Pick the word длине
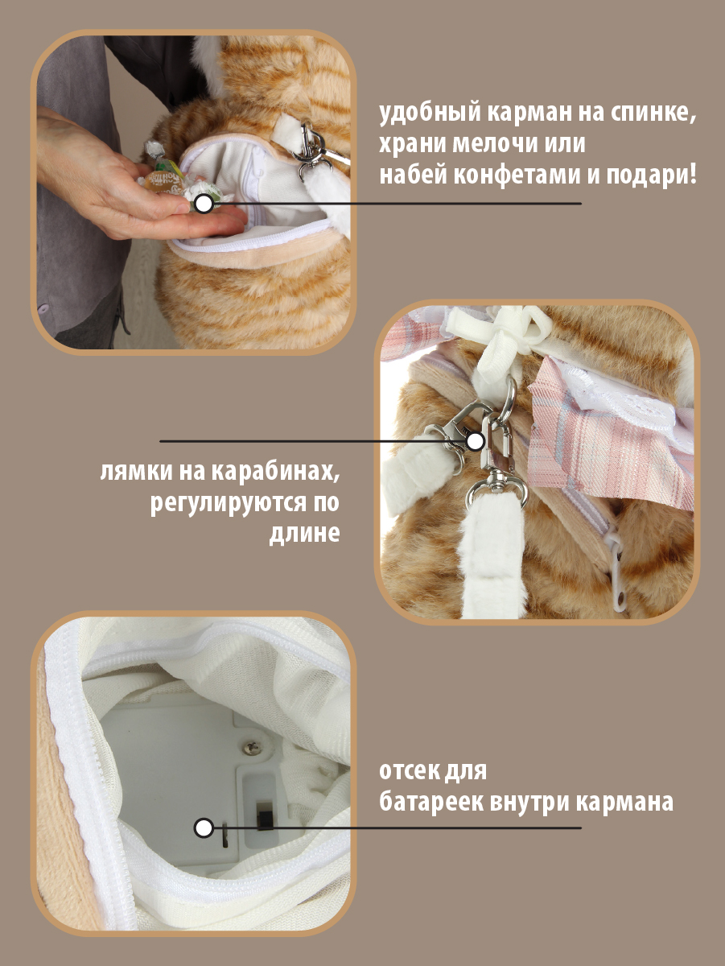click(303, 534)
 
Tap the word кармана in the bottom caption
click(630, 803)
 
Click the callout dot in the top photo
click(204, 204)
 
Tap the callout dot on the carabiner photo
click(476, 441)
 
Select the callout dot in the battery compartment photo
click(204, 827)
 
